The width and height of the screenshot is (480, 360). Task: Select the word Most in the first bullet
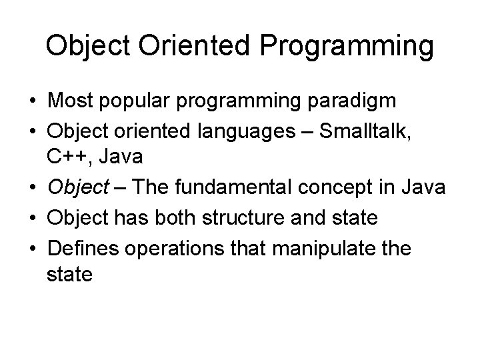(69, 101)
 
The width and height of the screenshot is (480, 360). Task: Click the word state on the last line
(69, 274)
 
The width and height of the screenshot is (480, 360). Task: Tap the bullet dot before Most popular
(32, 102)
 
